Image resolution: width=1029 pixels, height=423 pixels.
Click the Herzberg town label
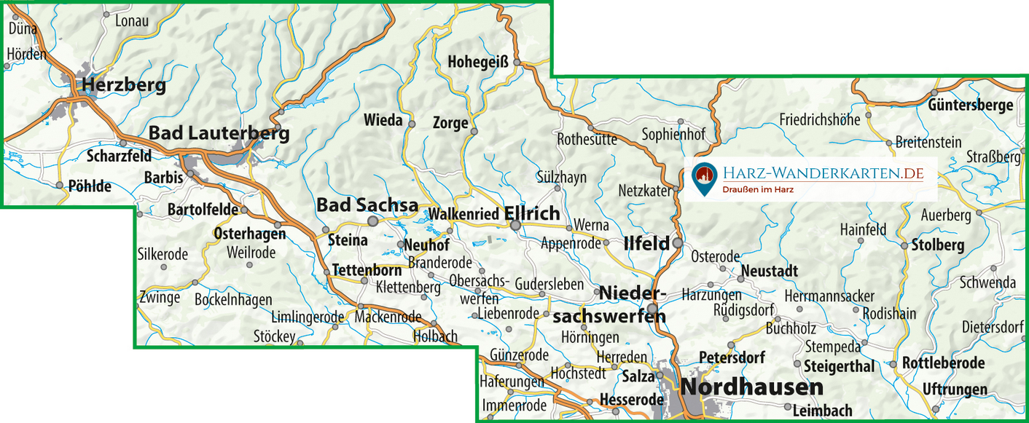124,85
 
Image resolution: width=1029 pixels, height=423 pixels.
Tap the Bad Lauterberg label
219,133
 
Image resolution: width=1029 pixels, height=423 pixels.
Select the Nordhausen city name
751,387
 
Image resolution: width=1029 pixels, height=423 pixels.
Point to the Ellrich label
532,213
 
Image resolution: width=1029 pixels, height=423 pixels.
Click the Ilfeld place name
646,244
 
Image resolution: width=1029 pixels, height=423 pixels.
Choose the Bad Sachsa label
367,205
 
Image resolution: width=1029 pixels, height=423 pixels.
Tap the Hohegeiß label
477,61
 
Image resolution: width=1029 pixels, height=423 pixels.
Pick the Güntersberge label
970,105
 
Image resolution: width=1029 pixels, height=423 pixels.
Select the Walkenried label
463,214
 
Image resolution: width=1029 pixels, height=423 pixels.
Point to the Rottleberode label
943,363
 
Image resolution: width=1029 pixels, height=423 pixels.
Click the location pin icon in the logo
703,178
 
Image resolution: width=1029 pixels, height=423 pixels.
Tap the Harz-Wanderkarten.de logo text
823,173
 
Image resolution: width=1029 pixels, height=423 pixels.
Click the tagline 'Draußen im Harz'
757,189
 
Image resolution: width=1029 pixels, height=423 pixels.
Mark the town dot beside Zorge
474,132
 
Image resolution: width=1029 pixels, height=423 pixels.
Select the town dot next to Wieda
412,124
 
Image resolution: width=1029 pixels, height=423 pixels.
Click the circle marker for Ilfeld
678,242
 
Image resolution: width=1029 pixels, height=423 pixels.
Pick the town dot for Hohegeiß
517,63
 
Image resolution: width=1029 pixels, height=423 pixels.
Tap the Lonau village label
132,20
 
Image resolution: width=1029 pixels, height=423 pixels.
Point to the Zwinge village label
160,297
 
